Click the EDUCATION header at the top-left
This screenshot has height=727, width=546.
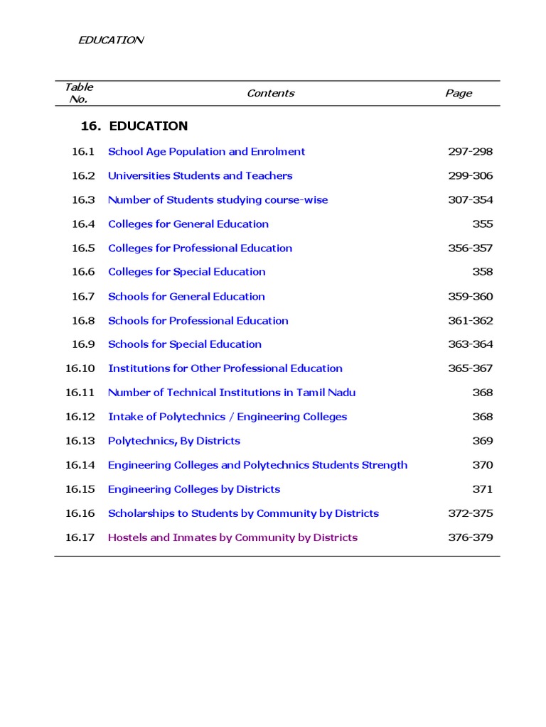[110, 40]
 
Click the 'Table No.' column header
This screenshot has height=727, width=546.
[78, 93]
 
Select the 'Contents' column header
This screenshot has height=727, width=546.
[270, 93]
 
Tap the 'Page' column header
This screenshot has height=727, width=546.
[458, 93]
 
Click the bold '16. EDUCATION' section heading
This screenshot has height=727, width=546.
[134, 126]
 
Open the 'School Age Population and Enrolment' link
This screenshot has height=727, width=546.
[206, 151]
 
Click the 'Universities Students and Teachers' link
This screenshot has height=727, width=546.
[200, 175]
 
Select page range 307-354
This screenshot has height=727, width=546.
[470, 199]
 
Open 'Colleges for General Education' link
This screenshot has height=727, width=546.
[188, 224]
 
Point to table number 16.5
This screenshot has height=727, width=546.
[82, 248]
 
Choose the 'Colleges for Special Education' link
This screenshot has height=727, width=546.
[186, 272]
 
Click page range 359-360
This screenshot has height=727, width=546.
[470, 296]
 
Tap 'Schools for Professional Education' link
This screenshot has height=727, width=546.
[198, 320]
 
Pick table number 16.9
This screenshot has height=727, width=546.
[82, 344]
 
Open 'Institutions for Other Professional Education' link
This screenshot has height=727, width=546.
[225, 368]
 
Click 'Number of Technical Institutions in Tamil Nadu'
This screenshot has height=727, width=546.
[232, 393]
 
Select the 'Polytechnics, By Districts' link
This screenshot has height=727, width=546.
[174, 441]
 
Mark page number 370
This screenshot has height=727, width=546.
[482, 465]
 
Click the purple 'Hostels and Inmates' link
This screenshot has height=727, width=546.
[232, 537]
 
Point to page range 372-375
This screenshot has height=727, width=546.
[470, 513]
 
